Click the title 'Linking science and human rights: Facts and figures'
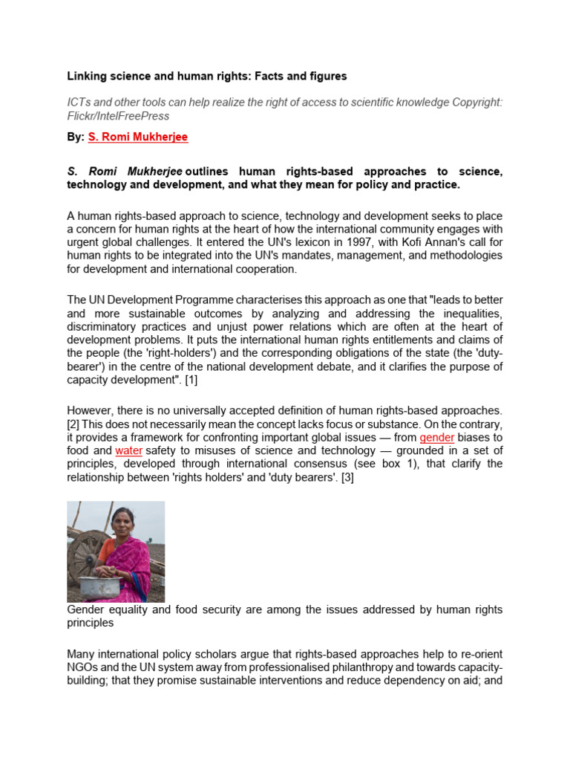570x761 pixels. (x=207, y=77)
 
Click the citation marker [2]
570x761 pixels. (x=76, y=424)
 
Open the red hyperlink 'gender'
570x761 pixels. (x=436, y=437)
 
